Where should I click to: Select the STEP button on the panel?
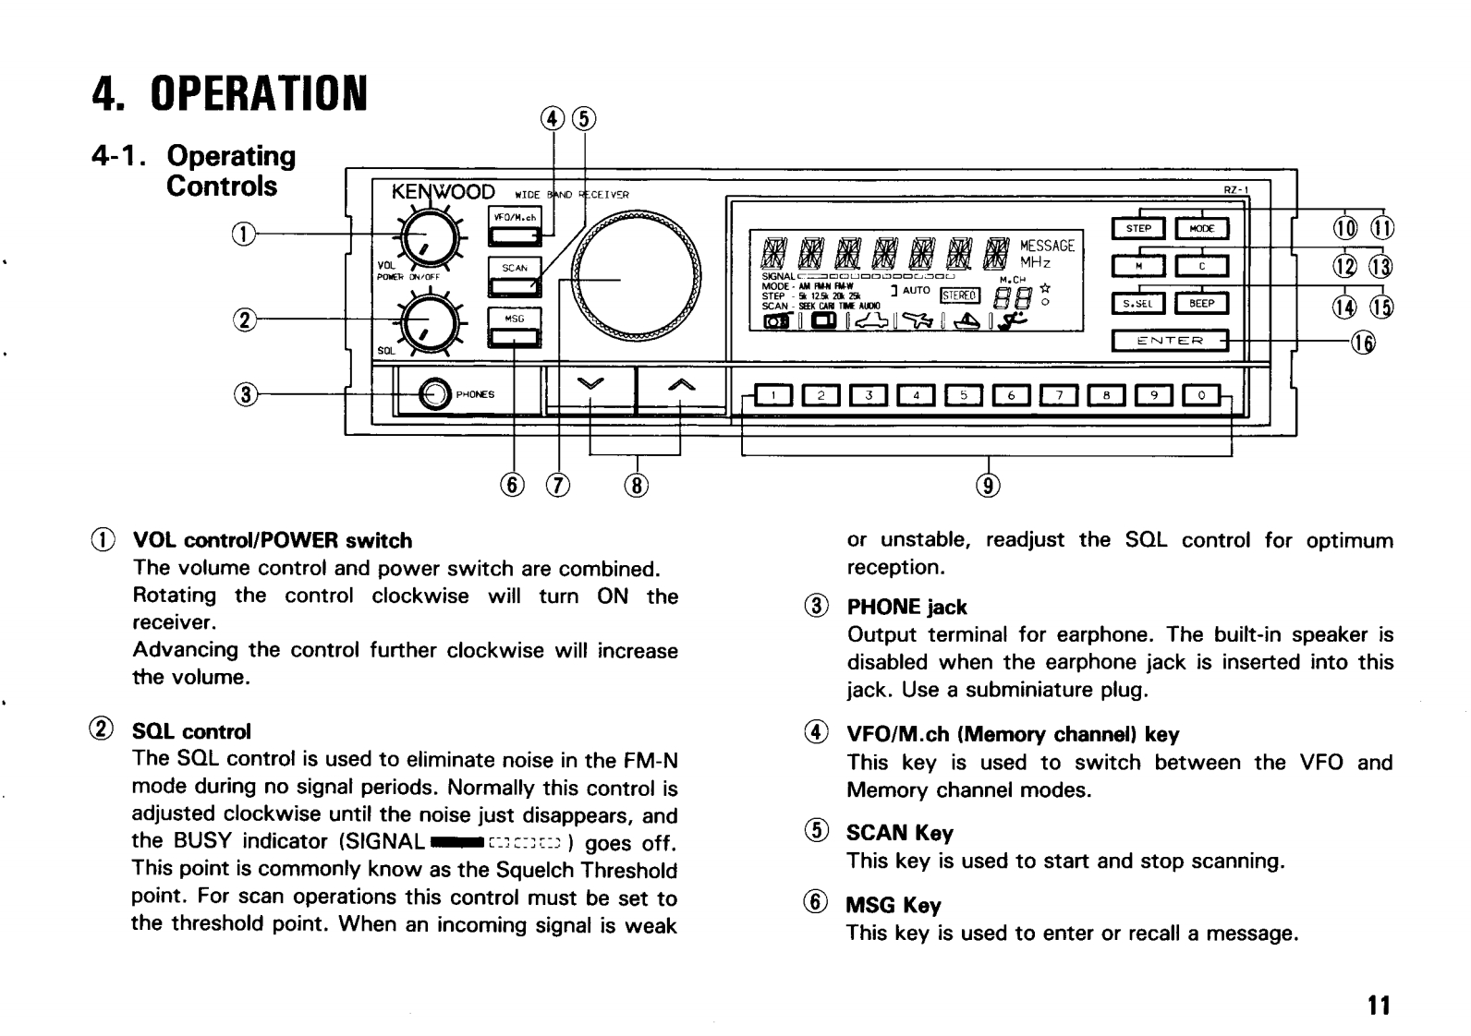1138,229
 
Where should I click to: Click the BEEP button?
1201,303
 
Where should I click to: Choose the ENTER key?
1170,341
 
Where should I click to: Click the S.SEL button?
1138,303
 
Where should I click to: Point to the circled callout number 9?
989,484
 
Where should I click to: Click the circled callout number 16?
1364,343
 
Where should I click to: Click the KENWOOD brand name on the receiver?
444,193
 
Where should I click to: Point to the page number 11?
1379,1005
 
